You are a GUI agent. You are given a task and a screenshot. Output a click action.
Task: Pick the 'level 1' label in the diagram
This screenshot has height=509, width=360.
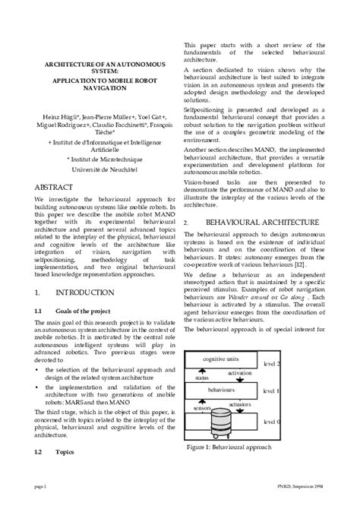coord(271,390)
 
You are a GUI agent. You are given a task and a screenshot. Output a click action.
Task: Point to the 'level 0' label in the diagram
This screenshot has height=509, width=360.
coord(271,420)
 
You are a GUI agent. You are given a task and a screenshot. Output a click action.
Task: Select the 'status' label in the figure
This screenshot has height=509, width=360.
coord(201,377)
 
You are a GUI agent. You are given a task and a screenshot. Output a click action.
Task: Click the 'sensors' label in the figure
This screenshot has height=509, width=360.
coord(201,407)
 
